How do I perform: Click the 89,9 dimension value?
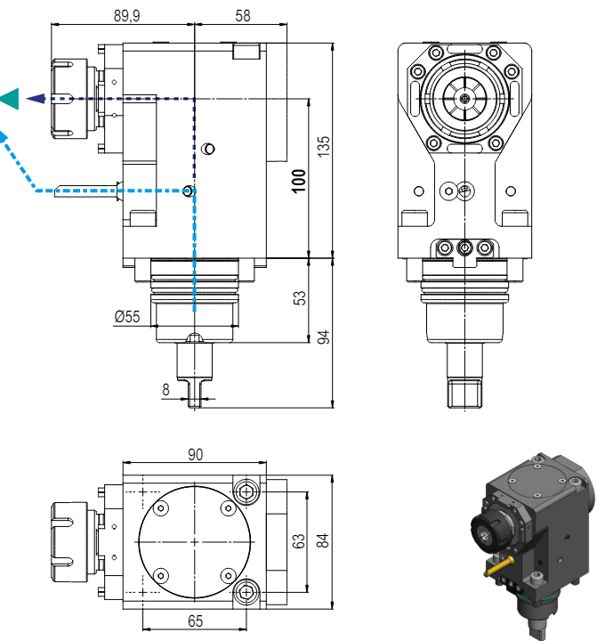[126, 16]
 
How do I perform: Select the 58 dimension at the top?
[242, 16]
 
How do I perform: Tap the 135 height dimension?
[323, 146]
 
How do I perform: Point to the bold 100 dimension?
[299, 181]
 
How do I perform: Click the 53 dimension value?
[299, 297]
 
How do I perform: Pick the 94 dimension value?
[323, 337]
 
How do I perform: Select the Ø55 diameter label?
[126, 316]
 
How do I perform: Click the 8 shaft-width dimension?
[165, 390]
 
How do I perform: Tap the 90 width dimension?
[195, 455]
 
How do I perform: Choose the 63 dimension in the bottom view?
[299, 540]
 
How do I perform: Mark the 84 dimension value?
[323, 540]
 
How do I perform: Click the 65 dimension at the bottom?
[196, 621]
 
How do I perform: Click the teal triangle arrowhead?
[10, 99]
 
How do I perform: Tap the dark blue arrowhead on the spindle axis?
[36, 99]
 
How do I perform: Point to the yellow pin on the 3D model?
[499, 566]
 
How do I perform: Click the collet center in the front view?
[464, 99]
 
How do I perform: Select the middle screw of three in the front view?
[464, 247]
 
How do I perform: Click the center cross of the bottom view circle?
[195, 542]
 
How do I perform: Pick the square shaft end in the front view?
[464, 394]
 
